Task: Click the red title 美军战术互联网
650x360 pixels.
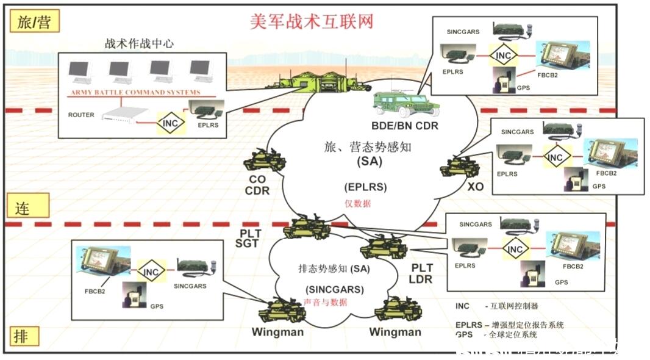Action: pyautogui.click(x=312, y=21)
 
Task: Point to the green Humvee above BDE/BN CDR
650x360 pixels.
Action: pyautogui.click(x=402, y=103)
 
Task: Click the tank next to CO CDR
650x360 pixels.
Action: pyautogui.click(x=264, y=161)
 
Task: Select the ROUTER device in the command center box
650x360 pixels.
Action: pyautogui.click(x=125, y=114)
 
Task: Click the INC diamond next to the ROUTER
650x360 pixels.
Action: pyautogui.click(x=171, y=123)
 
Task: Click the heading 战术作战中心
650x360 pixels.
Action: pyautogui.click(x=139, y=43)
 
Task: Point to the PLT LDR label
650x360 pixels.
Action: pyautogui.click(x=422, y=273)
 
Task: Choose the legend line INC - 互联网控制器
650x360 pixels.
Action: pyautogui.click(x=497, y=306)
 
